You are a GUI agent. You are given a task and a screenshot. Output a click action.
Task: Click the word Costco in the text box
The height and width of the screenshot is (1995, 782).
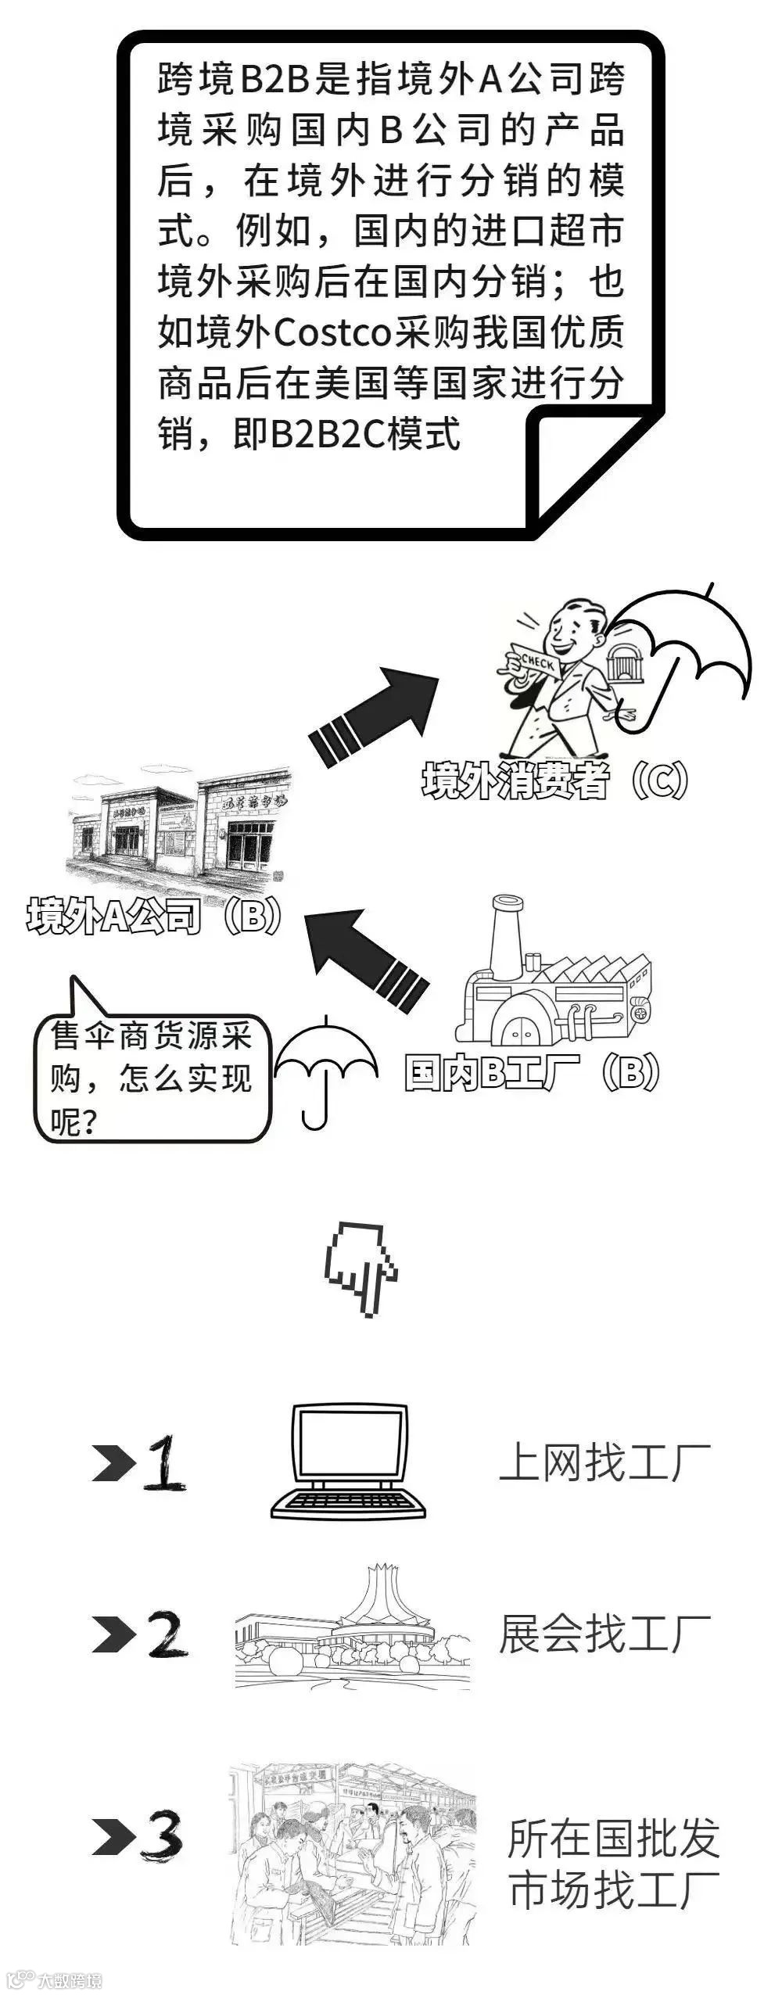[x=332, y=333]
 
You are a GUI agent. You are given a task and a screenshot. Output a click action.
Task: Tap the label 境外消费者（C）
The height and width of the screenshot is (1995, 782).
[x=555, y=780]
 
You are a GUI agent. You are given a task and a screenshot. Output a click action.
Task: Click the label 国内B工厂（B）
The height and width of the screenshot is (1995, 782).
[x=533, y=1072]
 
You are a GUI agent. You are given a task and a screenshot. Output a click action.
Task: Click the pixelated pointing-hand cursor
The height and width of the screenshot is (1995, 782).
[x=360, y=1267]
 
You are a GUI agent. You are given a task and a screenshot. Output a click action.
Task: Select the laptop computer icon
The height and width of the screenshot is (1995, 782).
[x=349, y=1461]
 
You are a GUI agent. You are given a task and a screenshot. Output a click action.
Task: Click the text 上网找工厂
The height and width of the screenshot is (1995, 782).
[x=604, y=1461]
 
